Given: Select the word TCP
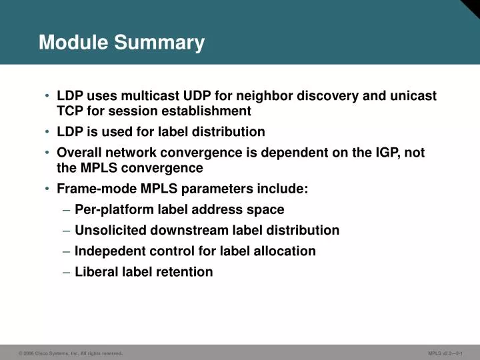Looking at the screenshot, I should point(70,111).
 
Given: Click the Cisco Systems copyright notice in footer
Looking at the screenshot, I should point(71,353).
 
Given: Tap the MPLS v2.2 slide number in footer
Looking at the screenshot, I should point(450,353).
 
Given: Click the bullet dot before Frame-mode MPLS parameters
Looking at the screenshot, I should point(48,189).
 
